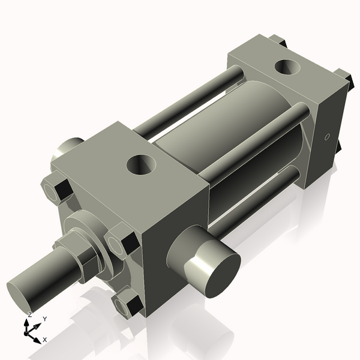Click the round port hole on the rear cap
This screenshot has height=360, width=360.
(x=286, y=67)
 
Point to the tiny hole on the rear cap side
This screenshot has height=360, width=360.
(x=327, y=137)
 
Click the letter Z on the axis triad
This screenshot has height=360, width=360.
(x=29, y=314)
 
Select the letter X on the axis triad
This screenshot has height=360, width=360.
(x=44, y=340)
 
